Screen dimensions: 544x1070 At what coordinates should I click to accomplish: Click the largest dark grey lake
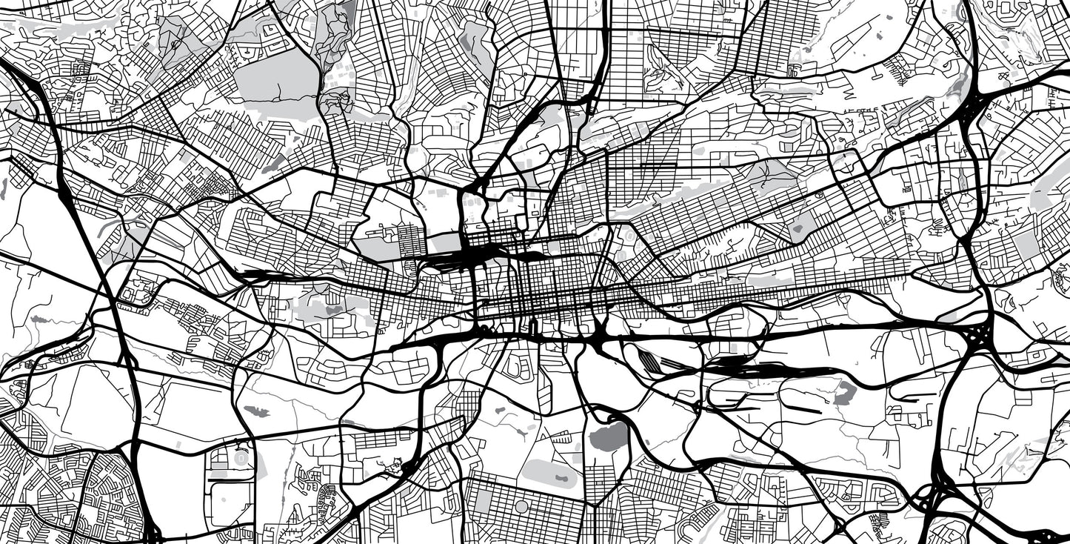click(608, 437)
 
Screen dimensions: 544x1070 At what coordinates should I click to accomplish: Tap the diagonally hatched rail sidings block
click(651, 362)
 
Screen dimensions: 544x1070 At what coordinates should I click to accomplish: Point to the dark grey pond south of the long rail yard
click(845, 393)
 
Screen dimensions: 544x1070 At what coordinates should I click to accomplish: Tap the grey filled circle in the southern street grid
click(522, 506)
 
